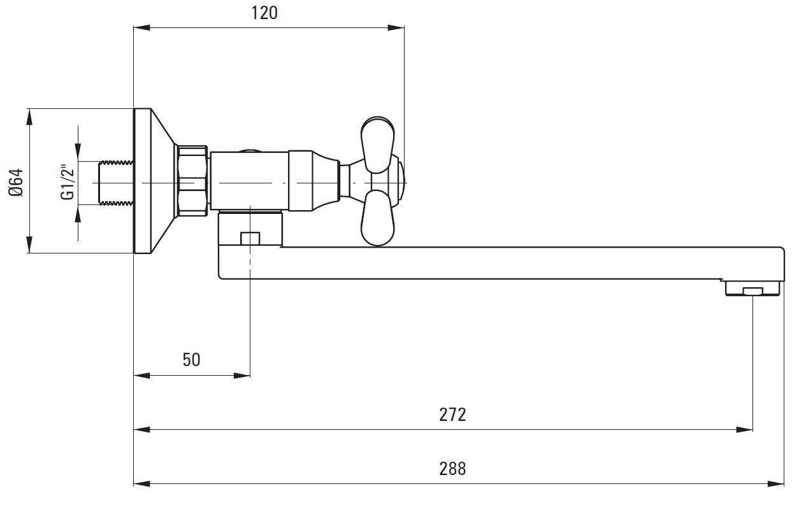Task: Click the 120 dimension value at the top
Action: (264, 13)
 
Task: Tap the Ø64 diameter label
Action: (17, 183)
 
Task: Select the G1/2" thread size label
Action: (68, 182)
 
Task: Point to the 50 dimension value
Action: (191, 360)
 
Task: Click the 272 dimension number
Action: (452, 415)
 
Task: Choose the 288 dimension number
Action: (452, 469)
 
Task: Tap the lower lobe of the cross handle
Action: (377, 218)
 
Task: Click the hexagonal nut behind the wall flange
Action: (192, 181)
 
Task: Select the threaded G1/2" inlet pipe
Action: (116, 183)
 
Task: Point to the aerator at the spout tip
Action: (752, 288)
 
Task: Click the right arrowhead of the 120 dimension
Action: (396, 27)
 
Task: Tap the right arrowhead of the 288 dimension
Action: (775, 484)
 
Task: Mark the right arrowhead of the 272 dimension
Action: (744, 430)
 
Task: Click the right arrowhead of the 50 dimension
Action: (242, 375)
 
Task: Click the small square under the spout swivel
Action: (250, 238)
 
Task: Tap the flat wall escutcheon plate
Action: (142, 181)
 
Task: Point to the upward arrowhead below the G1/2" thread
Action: (78, 214)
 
